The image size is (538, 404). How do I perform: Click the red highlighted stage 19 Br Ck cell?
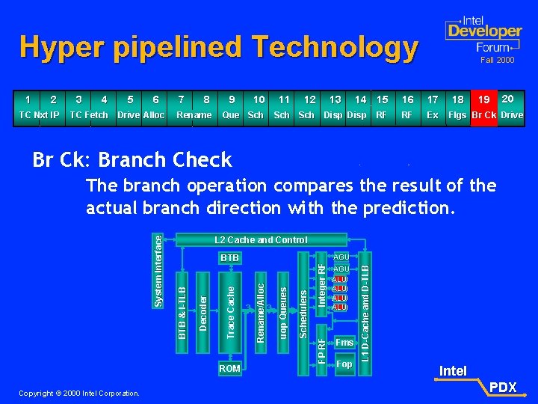coord(483,108)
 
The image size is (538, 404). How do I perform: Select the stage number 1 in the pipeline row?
coord(28,100)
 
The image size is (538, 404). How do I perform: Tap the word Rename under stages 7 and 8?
coord(194,115)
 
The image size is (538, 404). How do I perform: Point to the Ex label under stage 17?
coord(432,115)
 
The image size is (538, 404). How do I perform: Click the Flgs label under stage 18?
coord(457,115)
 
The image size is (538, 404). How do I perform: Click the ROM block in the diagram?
coord(229,368)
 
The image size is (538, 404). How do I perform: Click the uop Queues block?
coord(283,310)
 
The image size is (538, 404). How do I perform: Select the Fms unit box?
coord(344,342)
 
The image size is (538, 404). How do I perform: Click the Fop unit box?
coord(344,364)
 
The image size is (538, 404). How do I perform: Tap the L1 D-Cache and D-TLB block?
coord(365,306)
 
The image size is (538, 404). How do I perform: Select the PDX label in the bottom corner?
coord(504,388)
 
